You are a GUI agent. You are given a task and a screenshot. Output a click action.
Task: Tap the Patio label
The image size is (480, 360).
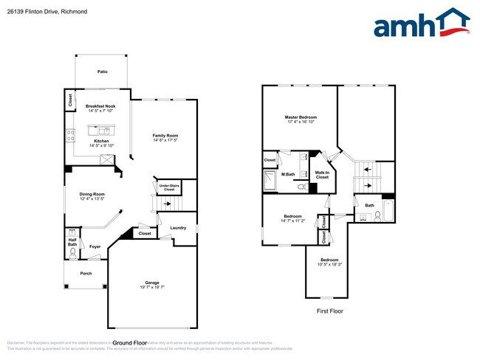(x=102, y=72)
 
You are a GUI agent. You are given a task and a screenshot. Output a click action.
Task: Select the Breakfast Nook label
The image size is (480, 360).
(x=101, y=106)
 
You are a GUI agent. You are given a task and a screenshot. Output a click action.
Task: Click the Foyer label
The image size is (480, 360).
(x=95, y=246)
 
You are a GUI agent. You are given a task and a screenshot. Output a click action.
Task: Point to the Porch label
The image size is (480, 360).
(x=86, y=273)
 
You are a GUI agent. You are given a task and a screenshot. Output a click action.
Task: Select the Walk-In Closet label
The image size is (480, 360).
(x=322, y=176)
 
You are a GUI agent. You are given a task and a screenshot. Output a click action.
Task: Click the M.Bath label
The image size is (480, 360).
(x=289, y=174)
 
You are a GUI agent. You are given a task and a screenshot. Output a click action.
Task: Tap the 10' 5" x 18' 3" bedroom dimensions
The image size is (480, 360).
(x=329, y=266)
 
